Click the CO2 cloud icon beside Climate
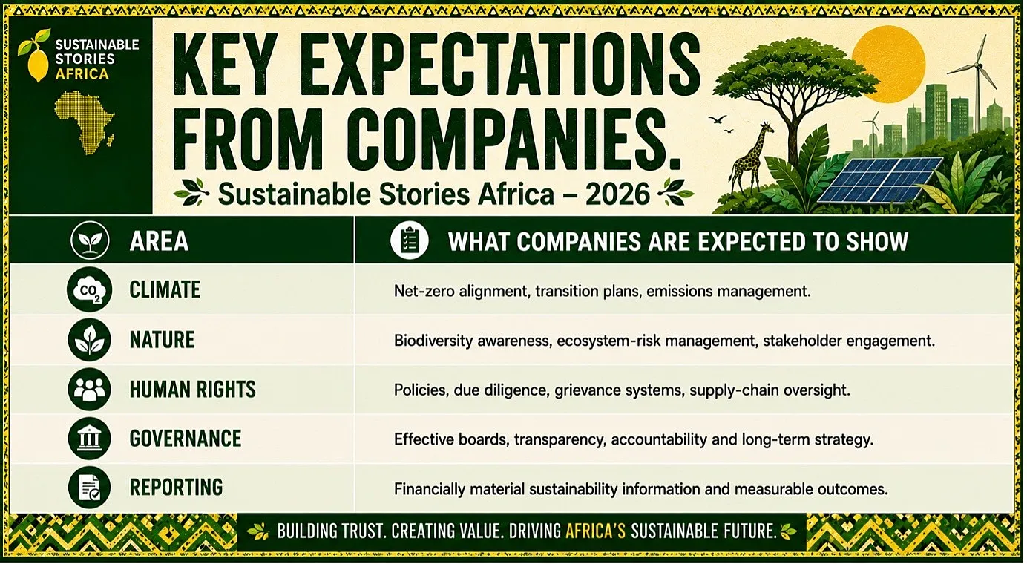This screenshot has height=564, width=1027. pos(89,290)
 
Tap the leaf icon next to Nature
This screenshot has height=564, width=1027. pos(89,340)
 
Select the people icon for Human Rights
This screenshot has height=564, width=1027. pos(89,390)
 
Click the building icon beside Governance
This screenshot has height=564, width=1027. pos(89,439)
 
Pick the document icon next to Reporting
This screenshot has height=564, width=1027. pos(89,488)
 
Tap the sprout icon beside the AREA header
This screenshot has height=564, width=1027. pos(90,240)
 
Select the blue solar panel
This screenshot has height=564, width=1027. pos(878,180)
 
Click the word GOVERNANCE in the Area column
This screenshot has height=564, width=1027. pos(186,439)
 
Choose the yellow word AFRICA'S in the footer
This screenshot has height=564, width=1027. pos(596,531)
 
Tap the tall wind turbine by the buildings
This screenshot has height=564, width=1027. pos(977,82)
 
